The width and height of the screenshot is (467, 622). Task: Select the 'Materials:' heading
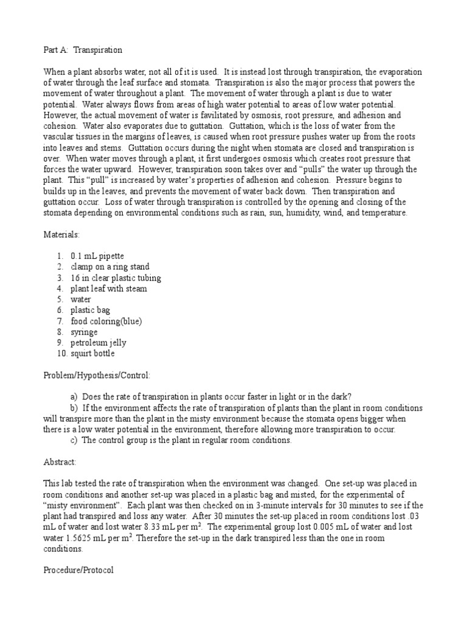[61, 234]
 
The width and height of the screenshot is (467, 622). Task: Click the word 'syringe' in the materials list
[84, 332]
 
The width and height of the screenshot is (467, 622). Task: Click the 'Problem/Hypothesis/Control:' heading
[97, 375]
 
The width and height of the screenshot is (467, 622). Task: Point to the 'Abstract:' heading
[60, 462]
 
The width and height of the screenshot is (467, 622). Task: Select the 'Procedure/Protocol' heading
[78, 571]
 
